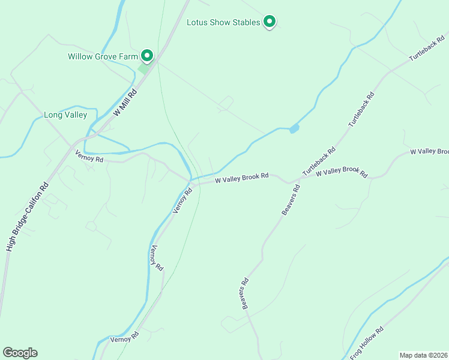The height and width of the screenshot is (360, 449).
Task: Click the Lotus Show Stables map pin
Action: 270,22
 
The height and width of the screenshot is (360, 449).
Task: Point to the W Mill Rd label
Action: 125,102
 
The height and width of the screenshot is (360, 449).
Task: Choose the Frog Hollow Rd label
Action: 367,343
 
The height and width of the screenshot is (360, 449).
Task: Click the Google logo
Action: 20,353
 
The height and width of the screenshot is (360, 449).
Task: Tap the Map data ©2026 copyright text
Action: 423,355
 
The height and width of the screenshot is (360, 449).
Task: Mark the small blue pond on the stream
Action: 294,128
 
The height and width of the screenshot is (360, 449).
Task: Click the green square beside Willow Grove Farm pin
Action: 143,68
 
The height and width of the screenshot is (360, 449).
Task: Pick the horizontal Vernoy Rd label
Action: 89,157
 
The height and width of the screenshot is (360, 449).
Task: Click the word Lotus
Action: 197,23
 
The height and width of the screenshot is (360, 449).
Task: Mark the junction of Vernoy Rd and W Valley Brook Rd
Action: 191,179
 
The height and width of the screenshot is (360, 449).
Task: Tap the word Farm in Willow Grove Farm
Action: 130,57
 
